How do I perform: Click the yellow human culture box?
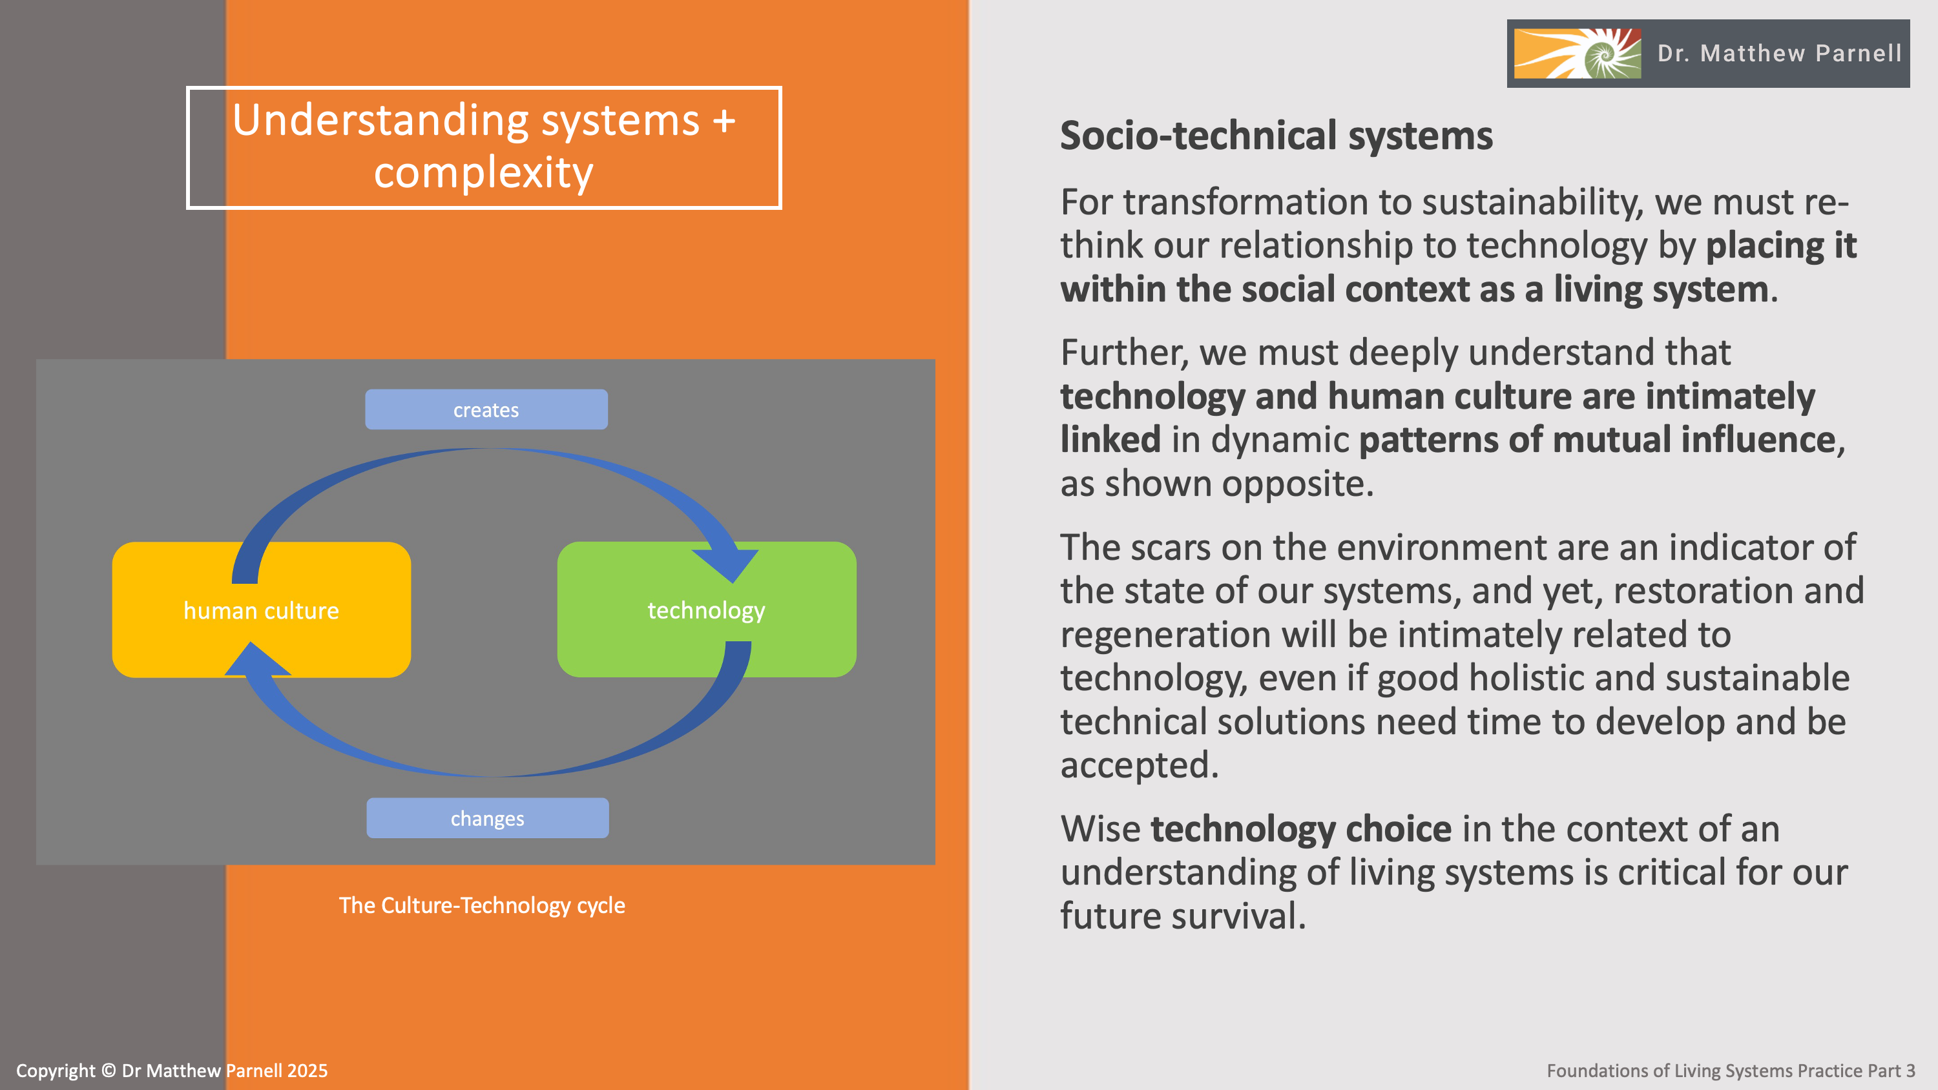click(x=261, y=610)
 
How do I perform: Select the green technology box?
click(x=707, y=610)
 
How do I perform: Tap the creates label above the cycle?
click(x=486, y=410)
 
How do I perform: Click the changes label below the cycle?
click(x=488, y=818)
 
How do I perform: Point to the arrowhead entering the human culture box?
click(x=256, y=661)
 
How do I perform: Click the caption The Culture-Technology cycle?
click(x=481, y=905)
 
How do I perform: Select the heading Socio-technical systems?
click(x=1276, y=136)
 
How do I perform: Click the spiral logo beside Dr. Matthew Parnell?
click(x=1577, y=54)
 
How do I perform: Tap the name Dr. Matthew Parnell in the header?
click(x=1779, y=54)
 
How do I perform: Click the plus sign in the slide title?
click(x=724, y=120)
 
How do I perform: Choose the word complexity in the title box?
click(x=484, y=173)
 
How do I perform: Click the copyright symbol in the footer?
click(x=109, y=1071)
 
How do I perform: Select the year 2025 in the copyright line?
click(x=307, y=1071)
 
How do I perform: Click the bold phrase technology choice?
click(x=1301, y=829)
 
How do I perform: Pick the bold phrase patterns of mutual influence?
click(x=1597, y=440)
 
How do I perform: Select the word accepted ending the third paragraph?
click(x=1138, y=765)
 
